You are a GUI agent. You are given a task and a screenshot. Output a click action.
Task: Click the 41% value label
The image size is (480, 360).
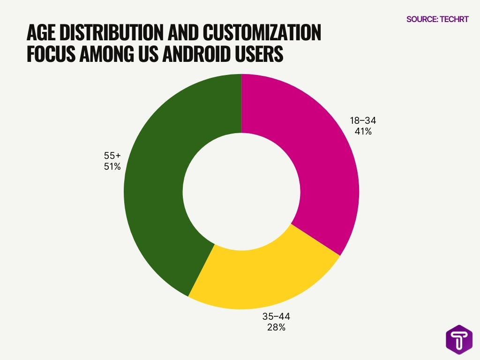[x=363, y=132]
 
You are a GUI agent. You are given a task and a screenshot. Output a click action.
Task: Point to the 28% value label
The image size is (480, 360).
[x=277, y=327]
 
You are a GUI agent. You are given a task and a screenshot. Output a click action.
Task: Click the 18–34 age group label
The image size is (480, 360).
[x=363, y=121]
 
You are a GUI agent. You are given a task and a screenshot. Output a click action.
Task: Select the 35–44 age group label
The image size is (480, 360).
[x=277, y=316]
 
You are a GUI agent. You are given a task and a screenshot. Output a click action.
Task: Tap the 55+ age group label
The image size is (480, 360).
[x=112, y=155]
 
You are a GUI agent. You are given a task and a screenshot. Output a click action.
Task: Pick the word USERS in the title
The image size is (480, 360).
[x=263, y=54]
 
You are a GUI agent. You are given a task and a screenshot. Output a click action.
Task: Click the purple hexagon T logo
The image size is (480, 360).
[x=459, y=340]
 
